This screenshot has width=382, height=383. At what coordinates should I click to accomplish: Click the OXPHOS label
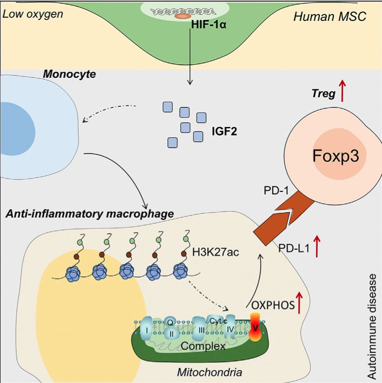coord(273,305)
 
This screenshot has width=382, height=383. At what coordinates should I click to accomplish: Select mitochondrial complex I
coord(147,330)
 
